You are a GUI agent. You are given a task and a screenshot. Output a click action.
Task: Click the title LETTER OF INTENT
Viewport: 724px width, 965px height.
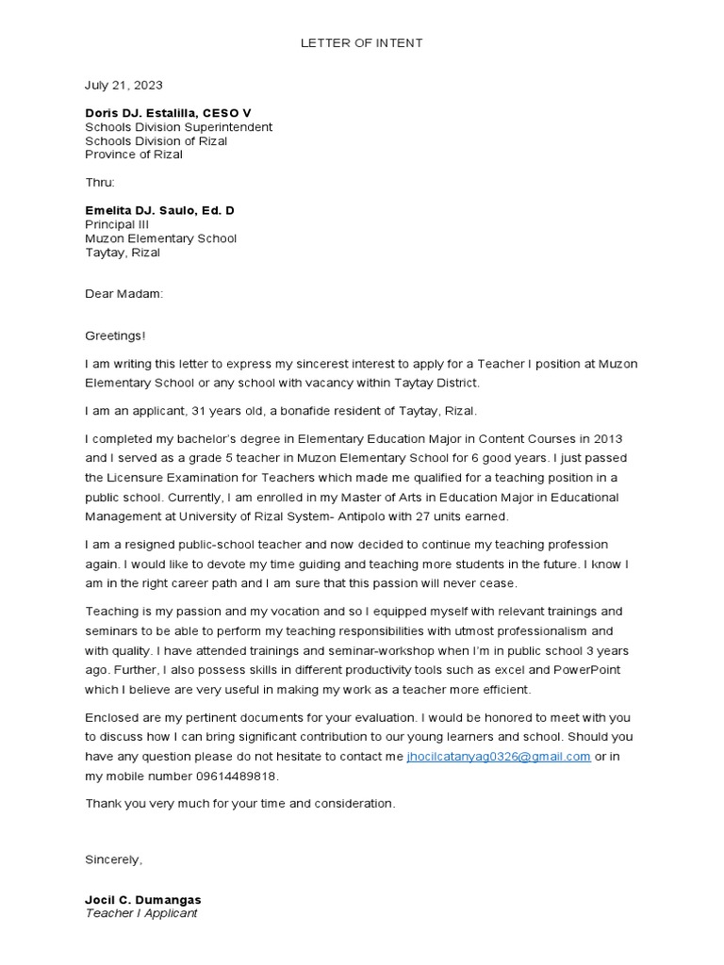tap(362, 43)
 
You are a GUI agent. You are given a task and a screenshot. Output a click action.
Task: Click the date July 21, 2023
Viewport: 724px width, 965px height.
tap(123, 85)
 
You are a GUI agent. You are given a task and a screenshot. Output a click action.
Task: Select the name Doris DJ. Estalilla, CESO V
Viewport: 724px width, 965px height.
tap(168, 113)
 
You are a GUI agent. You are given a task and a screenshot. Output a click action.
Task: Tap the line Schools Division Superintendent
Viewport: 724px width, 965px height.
tap(179, 127)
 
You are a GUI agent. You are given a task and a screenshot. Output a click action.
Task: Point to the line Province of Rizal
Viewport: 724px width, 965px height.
tap(134, 155)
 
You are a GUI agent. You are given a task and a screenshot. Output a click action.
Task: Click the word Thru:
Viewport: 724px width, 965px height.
tap(100, 182)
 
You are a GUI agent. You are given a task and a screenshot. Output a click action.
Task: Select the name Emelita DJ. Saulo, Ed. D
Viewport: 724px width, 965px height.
tap(159, 210)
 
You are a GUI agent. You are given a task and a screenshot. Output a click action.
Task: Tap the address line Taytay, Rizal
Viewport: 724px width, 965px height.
tap(123, 253)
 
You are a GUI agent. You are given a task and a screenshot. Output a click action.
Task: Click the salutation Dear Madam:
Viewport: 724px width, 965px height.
tap(123, 294)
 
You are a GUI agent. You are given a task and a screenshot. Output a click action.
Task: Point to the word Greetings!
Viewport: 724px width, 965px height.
tap(115, 335)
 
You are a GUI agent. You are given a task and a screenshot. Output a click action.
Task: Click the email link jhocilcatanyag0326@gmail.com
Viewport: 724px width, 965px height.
tap(499, 757)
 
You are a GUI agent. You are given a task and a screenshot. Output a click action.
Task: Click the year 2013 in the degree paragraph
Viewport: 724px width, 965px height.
tap(607, 439)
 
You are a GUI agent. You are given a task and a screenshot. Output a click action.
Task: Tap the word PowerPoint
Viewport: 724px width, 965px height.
tap(585, 670)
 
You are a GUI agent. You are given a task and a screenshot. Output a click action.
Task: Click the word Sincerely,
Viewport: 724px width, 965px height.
tap(114, 859)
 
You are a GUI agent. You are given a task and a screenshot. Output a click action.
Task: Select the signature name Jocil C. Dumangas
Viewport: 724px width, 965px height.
tap(142, 900)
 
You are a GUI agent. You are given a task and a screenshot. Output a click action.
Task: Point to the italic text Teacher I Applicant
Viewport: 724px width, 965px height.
tap(141, 913)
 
